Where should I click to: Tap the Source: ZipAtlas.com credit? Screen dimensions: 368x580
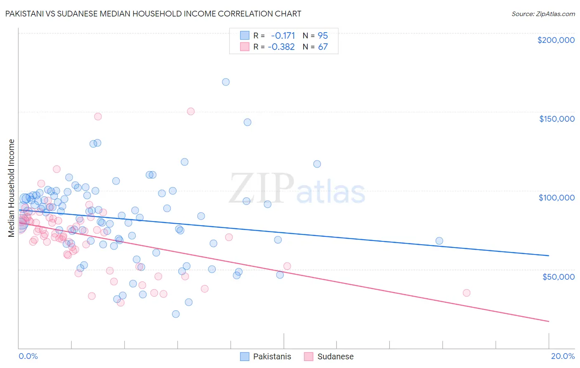coord(543,14)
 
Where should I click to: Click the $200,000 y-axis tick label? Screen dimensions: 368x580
coord(556,40)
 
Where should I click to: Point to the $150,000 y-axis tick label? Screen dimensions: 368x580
coord(556,119)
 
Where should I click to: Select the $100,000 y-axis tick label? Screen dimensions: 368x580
coord(556,198)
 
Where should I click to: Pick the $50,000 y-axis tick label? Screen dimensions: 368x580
coord(558,276)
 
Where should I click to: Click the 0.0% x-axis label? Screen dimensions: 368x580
coord(28,356)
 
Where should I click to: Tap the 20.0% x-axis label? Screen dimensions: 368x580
coord(563,356)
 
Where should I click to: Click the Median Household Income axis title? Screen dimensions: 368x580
coord(11,188)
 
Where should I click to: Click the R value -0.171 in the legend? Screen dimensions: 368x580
coord(283,35)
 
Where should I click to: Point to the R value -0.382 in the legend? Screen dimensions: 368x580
coord(281,47)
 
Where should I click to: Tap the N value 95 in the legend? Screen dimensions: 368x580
coord(323,35)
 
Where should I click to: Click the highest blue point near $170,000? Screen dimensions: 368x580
coord(226,82)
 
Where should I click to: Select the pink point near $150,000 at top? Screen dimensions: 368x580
coord(191,111)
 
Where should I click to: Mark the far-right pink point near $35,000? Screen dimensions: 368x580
coord(467,293)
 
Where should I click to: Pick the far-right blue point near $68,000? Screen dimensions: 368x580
coord(439,241)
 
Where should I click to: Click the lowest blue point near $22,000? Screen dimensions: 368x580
coord(176,314)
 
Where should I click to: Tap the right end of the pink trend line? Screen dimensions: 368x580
coord(549,321)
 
